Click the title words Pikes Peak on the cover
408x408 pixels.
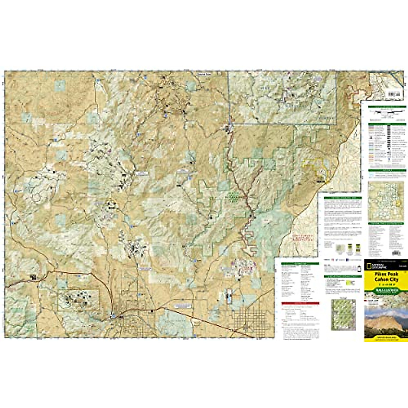(386, 274)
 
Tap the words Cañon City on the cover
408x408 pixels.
(386, 279)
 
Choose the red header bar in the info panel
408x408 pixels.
(300, 304)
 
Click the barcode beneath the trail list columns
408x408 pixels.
(396, 253)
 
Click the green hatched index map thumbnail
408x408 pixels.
(343, 314)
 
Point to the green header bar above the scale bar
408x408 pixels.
(387, 107)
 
